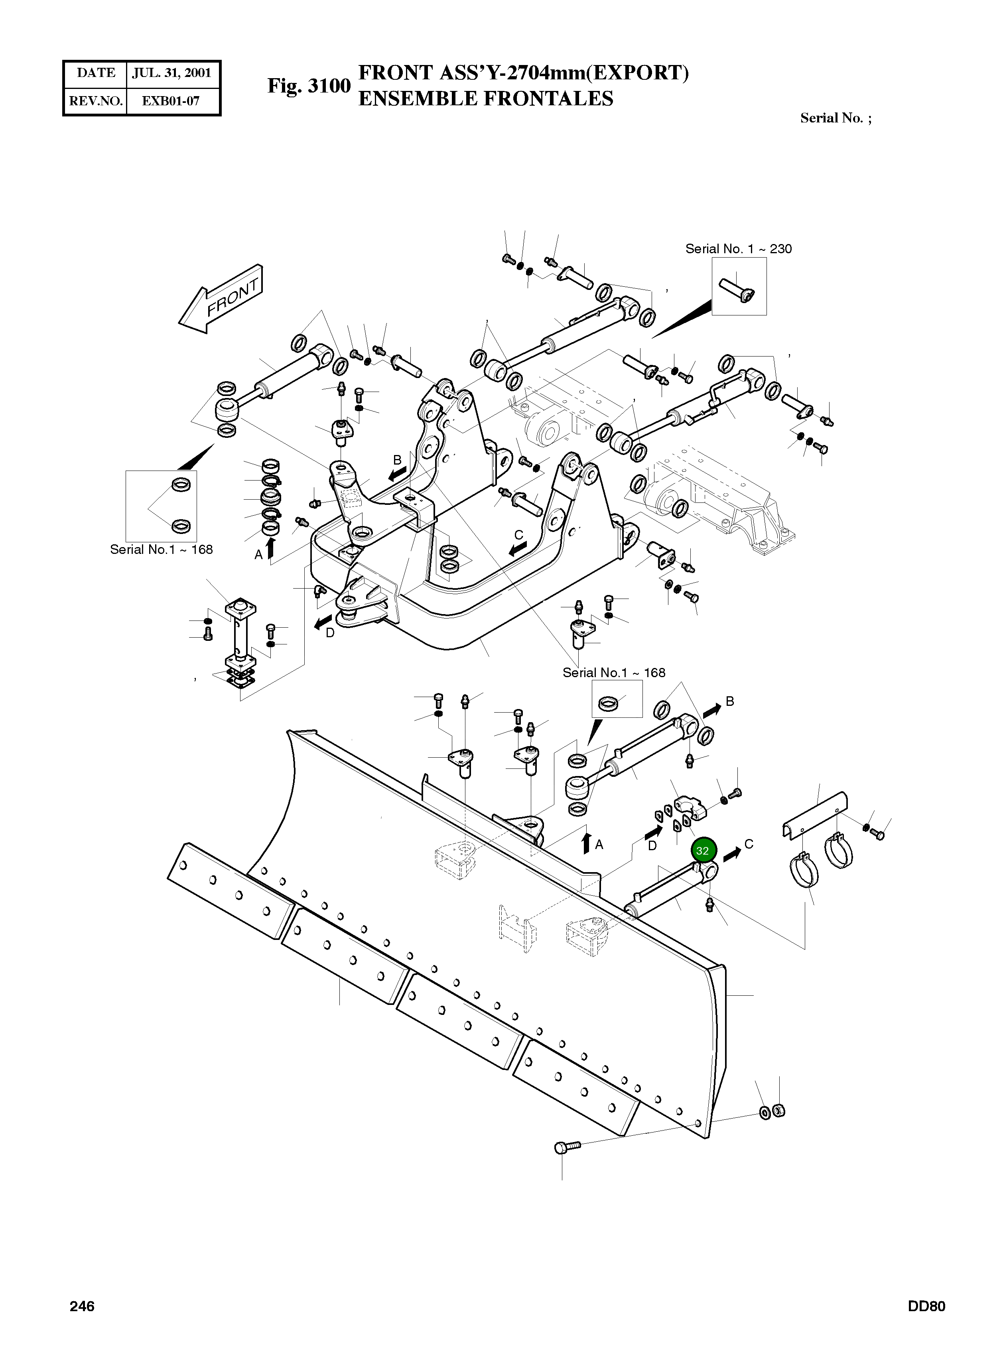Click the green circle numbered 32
pyautogui.click(x=703, y=850)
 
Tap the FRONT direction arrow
pyautogui.click(x=222, y=299)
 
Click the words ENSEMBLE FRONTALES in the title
pyautogui.click(x=485, y=98)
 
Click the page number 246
pyautogui.click(x=82, y=1306)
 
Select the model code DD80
pyautogui.click(x=926, y=1306)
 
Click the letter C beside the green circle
pyautogui.click(x=749, y=844)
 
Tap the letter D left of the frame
pyautogui.click(x=330, y=632)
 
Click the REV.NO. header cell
pyautogui.click(x=95, y=101)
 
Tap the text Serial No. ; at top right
pyautogui.click(x=835, y=118)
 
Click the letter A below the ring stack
pyautogui.click(x=258, y=554)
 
